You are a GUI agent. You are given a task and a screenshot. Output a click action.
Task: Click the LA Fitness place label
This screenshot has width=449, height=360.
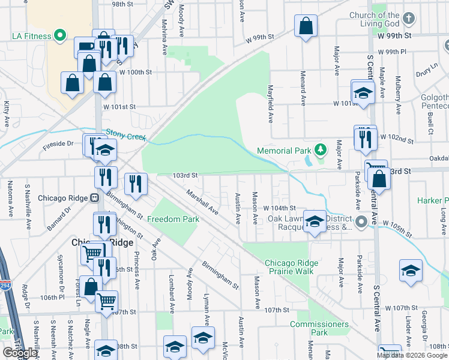(x=28, y=36)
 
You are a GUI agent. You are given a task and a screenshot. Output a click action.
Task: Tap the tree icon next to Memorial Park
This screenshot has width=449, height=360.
(x=321, y=149)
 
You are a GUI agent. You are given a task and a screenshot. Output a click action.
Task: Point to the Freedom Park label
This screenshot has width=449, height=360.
(x=173, y=219)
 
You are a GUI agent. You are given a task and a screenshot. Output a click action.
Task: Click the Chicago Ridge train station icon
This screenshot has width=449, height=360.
(x=94, y=198)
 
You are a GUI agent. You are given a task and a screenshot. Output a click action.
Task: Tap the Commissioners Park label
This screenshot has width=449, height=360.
(x=319, y=328)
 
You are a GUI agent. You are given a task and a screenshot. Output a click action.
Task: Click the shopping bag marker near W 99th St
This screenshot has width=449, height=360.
(x=306, y=27)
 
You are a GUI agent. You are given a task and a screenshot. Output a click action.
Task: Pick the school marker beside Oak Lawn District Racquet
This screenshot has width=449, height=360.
(x=315, y=221)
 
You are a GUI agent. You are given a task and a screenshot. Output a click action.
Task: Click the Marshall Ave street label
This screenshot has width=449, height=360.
(x=202, y=202)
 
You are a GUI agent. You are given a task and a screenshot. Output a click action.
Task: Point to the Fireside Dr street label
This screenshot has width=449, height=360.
(x=58, y=144)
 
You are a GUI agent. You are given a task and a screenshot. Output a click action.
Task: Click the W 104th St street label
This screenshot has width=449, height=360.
(x=280, y=207)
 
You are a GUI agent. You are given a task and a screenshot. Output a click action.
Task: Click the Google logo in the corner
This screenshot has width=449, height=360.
(x=20, y=353)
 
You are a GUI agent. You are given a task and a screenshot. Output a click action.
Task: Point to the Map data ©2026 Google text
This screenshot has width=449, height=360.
(x=412, y=355)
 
